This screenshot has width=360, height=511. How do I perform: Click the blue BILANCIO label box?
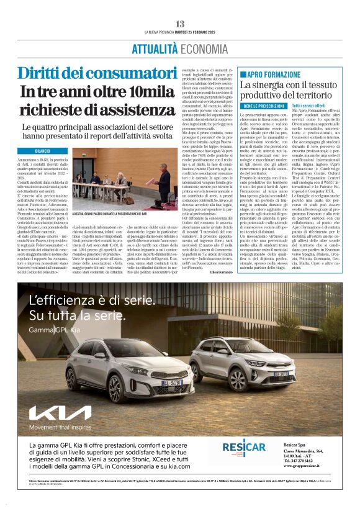tap(42, 151)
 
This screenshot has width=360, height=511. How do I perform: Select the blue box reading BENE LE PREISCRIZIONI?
tap(263, 107)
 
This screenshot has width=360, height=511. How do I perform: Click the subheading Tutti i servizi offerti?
tap(312, 107)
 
